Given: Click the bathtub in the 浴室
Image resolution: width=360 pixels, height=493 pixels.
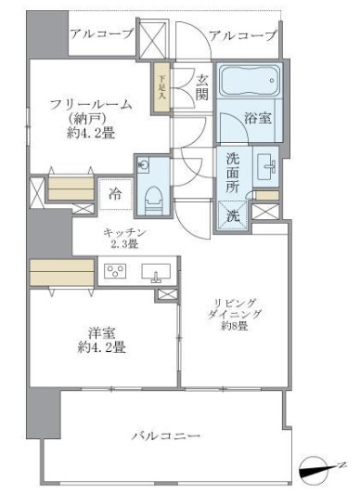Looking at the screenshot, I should click(x=249, y=83).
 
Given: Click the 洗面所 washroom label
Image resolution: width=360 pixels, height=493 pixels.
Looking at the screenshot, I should click(x=234, y=171).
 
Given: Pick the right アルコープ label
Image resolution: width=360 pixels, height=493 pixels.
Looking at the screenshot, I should click(x=243, y=35).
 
